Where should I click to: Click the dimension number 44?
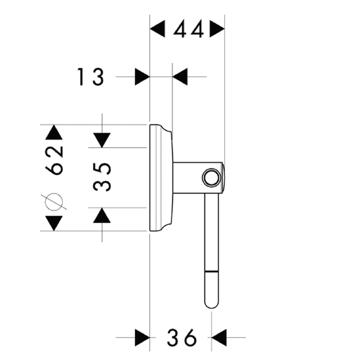pyautogui.click(x=187, y=29)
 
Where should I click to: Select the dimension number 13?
pyautogui.click(x=91, y=76)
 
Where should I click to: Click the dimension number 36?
pyautogui.click(x=182, y=337)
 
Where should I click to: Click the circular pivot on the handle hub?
pyautogui.click(x=212, y=178)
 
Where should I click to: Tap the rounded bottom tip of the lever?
pyautogui.click(x=211, y=302)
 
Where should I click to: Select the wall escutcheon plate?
pyautogui.click(x=160, y=178)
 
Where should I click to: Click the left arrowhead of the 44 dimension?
pyautogui.click(x=157, y=29)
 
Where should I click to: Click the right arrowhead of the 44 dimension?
pyautogui.click(x=217, y=29)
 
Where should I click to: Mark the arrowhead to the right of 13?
pyautogui.click(x=180, y=76)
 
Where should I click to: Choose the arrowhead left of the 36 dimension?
pyautogui.click(x=142, y=337)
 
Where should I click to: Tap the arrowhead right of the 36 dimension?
pyautogui.click(x=219, y=337)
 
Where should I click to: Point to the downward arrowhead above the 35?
pyautogui.click(x=102, y=140)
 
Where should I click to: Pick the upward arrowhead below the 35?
pyautogui.click(x=102, y=216)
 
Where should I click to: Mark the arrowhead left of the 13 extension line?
pyautogui.click(x=142, y=76)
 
